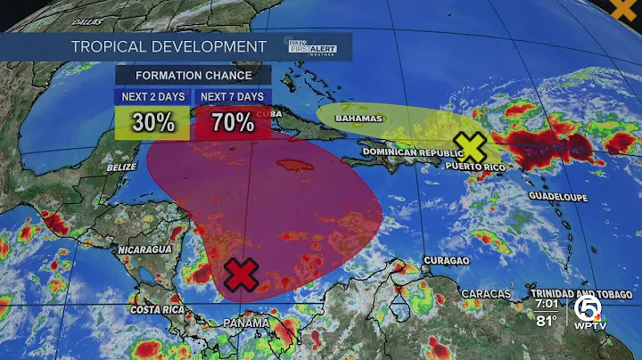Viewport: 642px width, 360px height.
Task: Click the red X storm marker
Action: [240, 275]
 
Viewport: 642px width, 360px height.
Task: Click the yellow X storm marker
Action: [472, 146]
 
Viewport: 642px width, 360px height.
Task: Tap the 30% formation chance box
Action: [152, 123]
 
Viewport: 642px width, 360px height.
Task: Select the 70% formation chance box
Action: [233, 123]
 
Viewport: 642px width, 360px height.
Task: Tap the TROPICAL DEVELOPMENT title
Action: [169, 45]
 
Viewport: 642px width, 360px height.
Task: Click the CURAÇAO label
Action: [443, 260]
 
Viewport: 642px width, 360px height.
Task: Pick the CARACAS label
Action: [486, 293]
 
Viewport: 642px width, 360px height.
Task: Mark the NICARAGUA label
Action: [144, 250]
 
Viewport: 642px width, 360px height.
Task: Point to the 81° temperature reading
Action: [546, 321]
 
